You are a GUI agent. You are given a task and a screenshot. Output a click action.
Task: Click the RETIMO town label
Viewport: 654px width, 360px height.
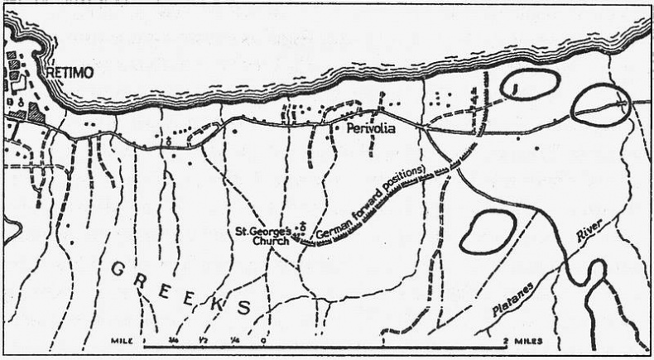pyautogui.click(x=70, y=73)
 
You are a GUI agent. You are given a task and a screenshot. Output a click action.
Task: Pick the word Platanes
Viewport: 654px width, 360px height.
pyautogui.click(x=529, y=288)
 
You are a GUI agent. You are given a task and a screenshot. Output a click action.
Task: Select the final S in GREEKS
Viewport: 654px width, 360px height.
pyautogui.click(x=243, y=307)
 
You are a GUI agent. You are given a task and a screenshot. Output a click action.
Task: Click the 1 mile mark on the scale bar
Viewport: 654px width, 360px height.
pyautogui.click(x=384, y=340)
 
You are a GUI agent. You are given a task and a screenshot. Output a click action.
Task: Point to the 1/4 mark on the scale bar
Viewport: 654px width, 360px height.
pyautogui.click(x=234, y=340)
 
